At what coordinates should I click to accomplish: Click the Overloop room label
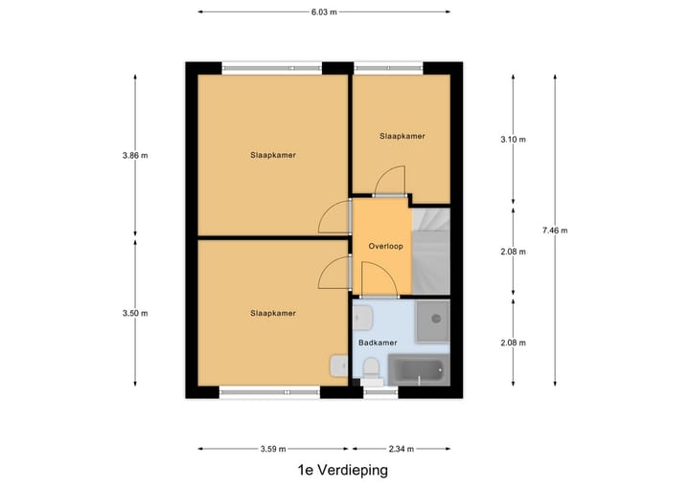click(385, 246)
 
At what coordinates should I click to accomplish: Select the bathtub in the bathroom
click(419, 369)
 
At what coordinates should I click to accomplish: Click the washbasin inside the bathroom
click(361, 317)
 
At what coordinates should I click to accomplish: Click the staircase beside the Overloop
click(430, 249)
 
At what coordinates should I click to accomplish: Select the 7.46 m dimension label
click(555, 230)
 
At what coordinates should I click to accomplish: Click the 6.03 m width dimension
click(324, 12)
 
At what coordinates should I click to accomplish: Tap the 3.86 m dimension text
click(134, 155)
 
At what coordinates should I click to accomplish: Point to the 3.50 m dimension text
click(134, 313)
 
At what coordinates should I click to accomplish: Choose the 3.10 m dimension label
click(514, 139)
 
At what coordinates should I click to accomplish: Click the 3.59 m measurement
click(274, 448)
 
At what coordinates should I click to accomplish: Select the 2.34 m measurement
click(402, 448)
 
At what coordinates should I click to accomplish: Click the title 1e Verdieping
click(343, 471)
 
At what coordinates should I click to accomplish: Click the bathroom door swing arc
click(379, 277)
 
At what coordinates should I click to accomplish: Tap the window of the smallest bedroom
click(389, 68)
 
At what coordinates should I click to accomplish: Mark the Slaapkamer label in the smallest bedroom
click(402, 136)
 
